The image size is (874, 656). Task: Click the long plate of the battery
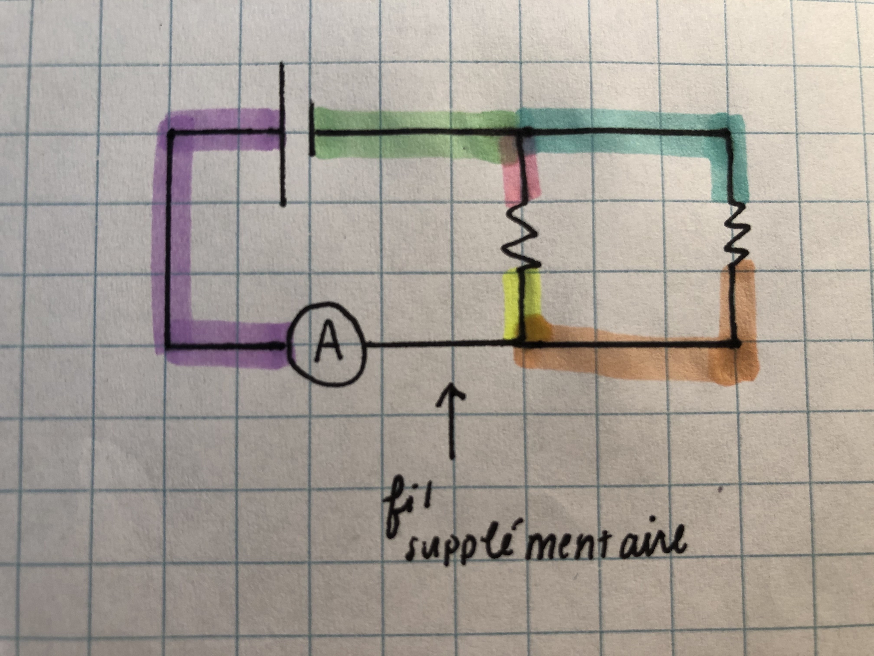[282, 134]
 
